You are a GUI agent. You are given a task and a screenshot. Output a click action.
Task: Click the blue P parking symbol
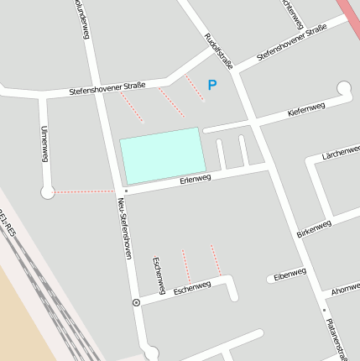212,85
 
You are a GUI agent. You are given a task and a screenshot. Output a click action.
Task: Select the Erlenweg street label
195,179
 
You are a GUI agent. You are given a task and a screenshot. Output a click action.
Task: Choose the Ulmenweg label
44,144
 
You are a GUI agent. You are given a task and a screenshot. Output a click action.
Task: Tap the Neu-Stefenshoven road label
124,233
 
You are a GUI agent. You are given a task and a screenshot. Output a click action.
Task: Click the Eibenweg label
290,275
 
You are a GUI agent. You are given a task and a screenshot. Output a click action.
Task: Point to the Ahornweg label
345,289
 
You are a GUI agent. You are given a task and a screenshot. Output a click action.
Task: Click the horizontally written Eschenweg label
192,288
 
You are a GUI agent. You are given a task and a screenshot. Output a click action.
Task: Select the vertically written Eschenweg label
157,275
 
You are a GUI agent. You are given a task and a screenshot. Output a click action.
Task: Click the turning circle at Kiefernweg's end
344,87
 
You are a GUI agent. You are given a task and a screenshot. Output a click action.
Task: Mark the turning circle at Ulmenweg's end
48,192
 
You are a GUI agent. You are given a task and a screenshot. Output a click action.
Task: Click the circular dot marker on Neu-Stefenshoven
136,301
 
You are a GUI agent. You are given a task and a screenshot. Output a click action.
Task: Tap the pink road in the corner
350,14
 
